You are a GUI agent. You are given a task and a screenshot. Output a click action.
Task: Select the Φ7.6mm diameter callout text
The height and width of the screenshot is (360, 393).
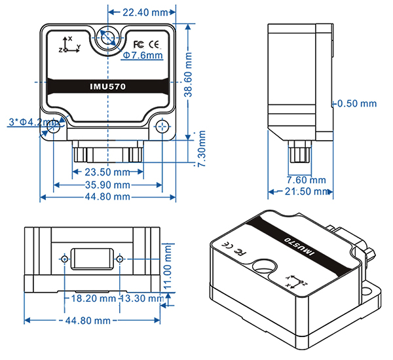click(x=143, y=56)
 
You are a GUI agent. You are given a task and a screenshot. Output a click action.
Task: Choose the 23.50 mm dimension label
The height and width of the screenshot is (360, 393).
click(x=108, y=173)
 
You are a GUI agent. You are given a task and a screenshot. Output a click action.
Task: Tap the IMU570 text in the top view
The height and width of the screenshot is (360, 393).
click(x=107, y=86)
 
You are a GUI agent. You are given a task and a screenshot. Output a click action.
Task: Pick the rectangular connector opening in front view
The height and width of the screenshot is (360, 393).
click(x=91, y=259)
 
